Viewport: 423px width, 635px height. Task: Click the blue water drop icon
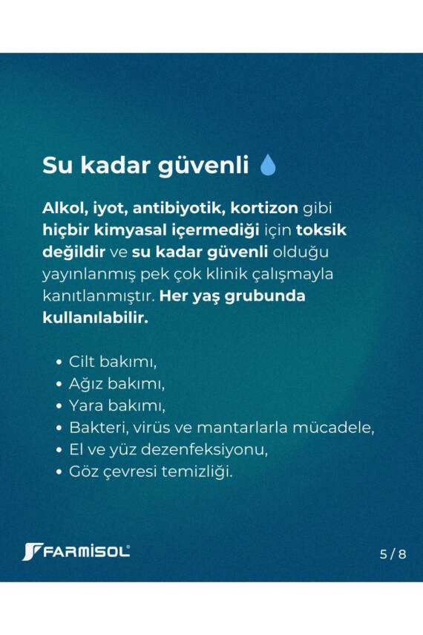click(x=268, y=165)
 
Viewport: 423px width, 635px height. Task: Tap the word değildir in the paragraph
click(x=76, y=252)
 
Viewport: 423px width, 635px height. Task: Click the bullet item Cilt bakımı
click(x=114, y=362)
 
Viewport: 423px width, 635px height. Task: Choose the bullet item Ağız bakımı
click(x=117, y=384)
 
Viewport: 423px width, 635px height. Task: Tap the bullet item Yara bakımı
click(x=117, y=406)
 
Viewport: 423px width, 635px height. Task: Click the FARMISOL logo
click(x=76, y=552)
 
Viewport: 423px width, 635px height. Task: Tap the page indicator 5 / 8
click(x=393, y=554)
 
